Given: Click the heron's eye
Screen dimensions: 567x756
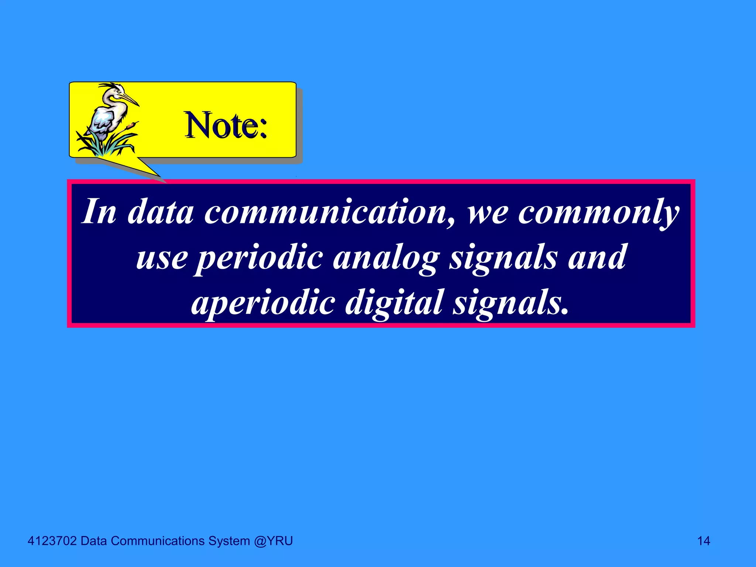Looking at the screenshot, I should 119,91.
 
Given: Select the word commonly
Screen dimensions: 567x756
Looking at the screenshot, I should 598,213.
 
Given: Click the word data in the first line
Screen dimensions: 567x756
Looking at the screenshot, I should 160,212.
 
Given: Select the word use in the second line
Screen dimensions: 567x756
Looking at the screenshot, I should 162,258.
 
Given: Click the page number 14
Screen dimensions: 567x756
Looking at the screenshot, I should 704,541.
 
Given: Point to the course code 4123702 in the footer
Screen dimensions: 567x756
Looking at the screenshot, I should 52,541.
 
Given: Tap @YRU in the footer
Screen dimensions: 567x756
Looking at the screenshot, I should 273,541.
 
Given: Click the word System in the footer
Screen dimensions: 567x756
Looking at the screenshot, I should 229,541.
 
